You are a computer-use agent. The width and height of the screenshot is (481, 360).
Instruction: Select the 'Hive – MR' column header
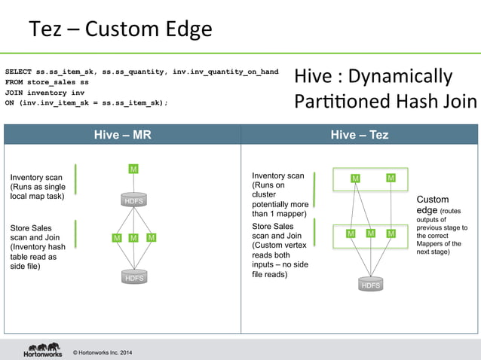(122, 134)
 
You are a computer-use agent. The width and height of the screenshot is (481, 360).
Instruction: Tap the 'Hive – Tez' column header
(360, 134)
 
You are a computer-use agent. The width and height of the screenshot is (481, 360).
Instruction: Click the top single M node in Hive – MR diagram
(133, 169)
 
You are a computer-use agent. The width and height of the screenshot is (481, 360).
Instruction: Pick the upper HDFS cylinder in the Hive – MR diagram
(133, 200)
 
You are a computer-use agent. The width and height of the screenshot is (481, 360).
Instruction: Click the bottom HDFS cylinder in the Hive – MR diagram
(133, 277)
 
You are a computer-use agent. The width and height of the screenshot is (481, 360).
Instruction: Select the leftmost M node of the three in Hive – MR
(117, 238)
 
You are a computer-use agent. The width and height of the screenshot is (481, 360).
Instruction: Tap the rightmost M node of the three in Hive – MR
(152, 238)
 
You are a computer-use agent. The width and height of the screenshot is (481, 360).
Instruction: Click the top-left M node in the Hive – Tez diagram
(355, 178)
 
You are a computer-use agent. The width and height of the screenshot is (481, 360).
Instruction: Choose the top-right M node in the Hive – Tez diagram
(391, 178)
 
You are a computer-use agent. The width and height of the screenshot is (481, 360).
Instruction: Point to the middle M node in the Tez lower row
(371, 233)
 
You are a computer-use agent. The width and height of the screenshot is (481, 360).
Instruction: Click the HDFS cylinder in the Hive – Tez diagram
(371, 285)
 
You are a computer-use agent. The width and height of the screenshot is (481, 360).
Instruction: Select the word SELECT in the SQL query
(20, 72)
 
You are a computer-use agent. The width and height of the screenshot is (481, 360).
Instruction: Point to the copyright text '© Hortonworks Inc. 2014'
(102, 352)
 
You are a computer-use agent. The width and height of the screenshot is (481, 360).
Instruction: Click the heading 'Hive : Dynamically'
(373, 77)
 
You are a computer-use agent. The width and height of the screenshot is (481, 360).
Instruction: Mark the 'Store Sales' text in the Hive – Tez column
(273, 225)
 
